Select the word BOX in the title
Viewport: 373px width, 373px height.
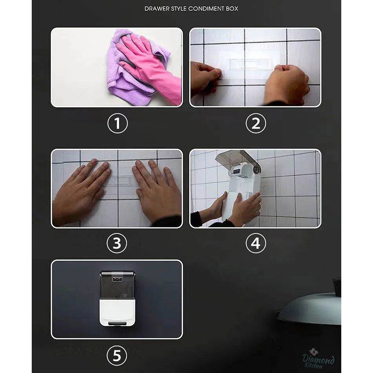tap(232, 9)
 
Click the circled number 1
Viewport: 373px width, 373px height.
tap(117, 123)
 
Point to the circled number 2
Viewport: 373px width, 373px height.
tap(256, 123)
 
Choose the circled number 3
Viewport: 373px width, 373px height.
tap(117, 243)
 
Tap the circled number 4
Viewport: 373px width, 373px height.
tap(256, 243)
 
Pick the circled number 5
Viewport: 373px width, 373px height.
tap(117, 356)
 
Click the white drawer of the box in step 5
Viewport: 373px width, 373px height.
tap(117, 311)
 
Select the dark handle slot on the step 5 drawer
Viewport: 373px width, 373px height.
tap(117, 323)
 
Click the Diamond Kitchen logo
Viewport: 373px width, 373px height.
tap(318, 359)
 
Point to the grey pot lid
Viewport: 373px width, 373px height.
tap(309, 309)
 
